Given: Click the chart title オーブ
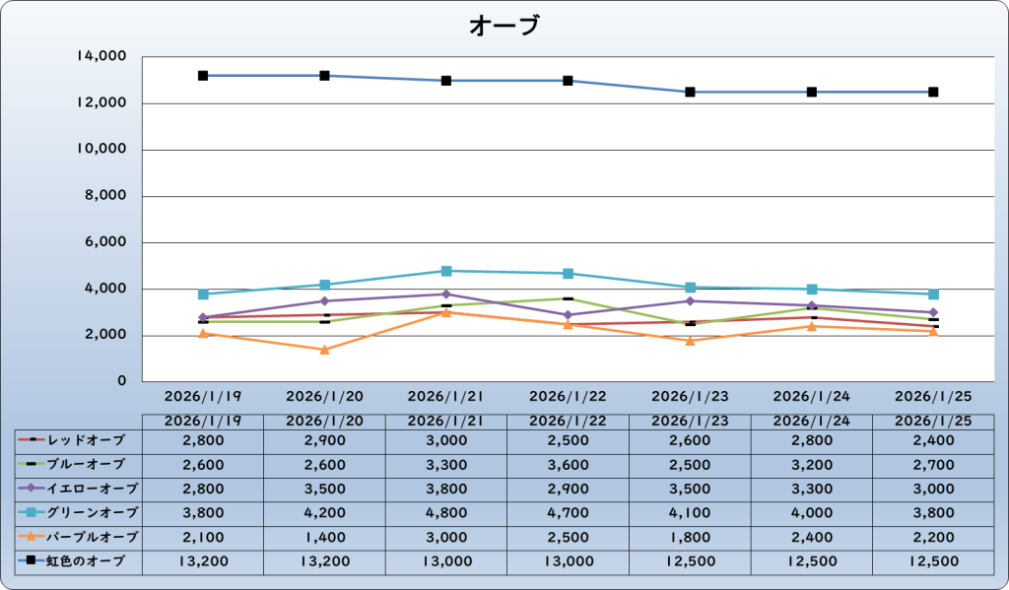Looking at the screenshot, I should click(504, 26).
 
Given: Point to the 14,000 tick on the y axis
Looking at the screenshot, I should click(101, 57).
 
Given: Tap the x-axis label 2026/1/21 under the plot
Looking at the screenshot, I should click(446, 396).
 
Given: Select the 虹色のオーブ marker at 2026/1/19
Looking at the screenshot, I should click(203, 76).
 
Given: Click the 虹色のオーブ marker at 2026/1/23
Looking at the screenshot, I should click(690, 92).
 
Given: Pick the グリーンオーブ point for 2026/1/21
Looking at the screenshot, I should click(446, 271).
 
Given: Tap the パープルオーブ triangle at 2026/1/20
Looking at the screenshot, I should click(324, 350).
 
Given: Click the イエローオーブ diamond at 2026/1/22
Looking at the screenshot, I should click(569, 315).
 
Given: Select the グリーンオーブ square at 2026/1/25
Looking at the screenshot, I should click(933, 295).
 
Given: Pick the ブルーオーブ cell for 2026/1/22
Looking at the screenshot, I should click(569, 463).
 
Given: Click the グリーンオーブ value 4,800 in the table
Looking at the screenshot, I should click(446, 512).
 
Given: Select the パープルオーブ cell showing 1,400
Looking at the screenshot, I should click(324, 537).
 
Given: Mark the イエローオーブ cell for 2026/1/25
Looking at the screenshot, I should click(933, 488).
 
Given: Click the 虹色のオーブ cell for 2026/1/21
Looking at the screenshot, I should click(446, 561).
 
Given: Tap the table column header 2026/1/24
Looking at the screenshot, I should click(812, 421).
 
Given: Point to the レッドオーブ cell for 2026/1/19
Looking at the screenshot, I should click(203, 438).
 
